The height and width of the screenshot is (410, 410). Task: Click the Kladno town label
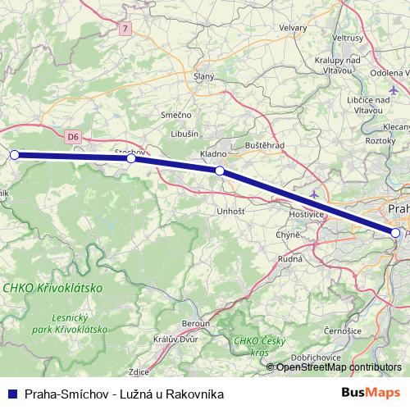point(213,154)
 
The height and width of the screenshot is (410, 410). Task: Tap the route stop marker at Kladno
point(220,171)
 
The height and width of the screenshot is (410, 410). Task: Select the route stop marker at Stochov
point(131,158)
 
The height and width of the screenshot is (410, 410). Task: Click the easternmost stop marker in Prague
point(396,233)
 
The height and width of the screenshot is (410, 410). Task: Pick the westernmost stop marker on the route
point(14,154)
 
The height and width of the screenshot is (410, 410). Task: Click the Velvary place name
point(293,27)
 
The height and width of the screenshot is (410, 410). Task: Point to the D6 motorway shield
point(74,137)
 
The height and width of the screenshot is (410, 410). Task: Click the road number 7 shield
point(125,28)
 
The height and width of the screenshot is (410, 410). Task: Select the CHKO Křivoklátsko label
point(52,289)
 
